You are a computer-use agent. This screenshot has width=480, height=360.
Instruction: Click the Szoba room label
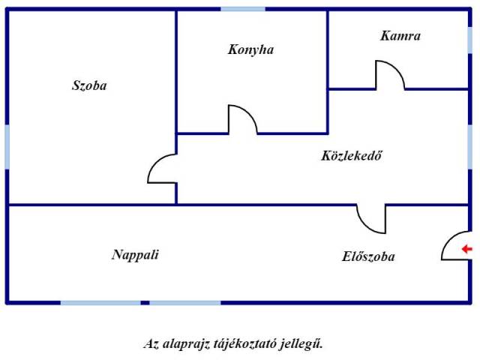[89, 85]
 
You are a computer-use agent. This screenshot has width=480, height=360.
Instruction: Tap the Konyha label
[250, 50]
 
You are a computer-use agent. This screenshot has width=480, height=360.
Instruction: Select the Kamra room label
[400, 35]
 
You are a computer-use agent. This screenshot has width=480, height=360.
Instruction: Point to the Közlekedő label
[352, 156]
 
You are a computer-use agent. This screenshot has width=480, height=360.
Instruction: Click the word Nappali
[135, 254]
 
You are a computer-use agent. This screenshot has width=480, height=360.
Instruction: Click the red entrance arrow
[466, 249]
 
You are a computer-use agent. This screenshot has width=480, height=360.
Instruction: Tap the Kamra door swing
[389, 75]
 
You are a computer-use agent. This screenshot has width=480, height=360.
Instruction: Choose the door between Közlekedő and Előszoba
[371, 218]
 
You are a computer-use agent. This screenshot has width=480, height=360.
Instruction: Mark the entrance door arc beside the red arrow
[454, 246]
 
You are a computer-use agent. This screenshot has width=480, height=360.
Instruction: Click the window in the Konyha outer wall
[243, 10]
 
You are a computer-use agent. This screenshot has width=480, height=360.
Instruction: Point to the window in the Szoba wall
[7, 146]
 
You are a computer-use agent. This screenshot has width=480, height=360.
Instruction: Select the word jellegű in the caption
[304, 344]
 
